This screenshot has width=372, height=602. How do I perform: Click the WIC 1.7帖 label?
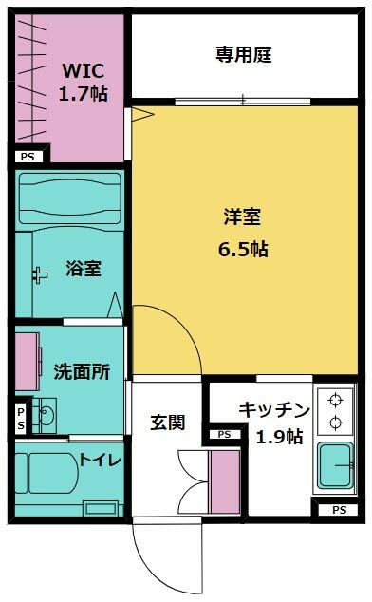[83, 83]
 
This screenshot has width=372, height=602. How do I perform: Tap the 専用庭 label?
[243, 54]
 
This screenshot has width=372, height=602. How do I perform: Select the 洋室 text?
[243, 216]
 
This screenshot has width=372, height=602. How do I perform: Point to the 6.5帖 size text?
[243, 250]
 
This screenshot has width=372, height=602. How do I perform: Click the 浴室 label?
[84, 269]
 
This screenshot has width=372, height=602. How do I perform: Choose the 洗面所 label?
[82, 371]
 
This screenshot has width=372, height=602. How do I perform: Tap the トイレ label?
[101, 460]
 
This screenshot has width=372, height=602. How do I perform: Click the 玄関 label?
[167, 423]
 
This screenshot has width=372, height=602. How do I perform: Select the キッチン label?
[274, 409]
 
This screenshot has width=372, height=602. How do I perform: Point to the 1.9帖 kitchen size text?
[280, 437]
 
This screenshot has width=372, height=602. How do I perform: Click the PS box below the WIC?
[28, 157]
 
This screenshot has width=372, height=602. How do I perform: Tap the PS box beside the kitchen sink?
[339, 510]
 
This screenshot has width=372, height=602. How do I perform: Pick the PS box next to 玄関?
[224, 434]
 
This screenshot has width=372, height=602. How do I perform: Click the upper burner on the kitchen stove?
[335, 400]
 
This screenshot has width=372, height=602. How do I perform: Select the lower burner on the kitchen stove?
[335, 423]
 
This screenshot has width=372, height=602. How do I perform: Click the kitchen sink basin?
[335, 465]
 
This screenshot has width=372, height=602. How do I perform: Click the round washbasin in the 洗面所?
[47, 416]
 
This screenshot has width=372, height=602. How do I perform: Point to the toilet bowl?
[53, 473]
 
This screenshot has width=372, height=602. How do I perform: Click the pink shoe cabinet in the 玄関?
[224, 481]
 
